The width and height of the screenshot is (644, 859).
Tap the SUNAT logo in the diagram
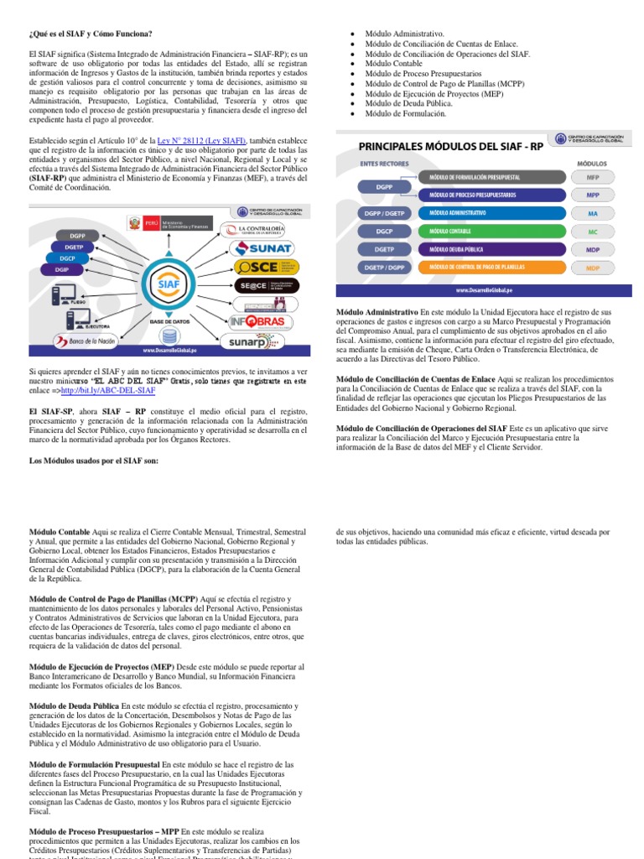pyautogui.click(x=264, y=248)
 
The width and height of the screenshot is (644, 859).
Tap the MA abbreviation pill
pyautogui.click(x=593, y=213)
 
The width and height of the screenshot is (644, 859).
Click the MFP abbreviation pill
pyautogui.click(x=593, y=178)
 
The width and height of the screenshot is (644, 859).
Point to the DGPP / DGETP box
pyautogui.click(x=384, y=213)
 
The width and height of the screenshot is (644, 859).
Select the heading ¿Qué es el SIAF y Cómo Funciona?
pyautogui.click(x=91, y=34)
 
